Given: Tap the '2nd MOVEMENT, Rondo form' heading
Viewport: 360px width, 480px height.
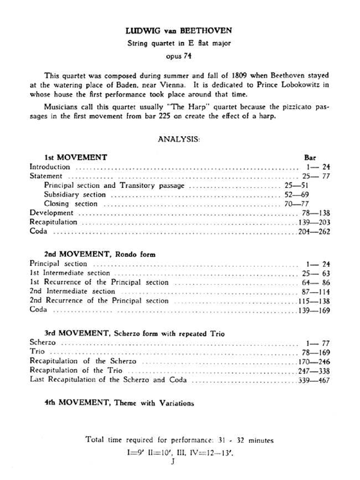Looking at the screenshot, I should [x=95, y=253].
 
